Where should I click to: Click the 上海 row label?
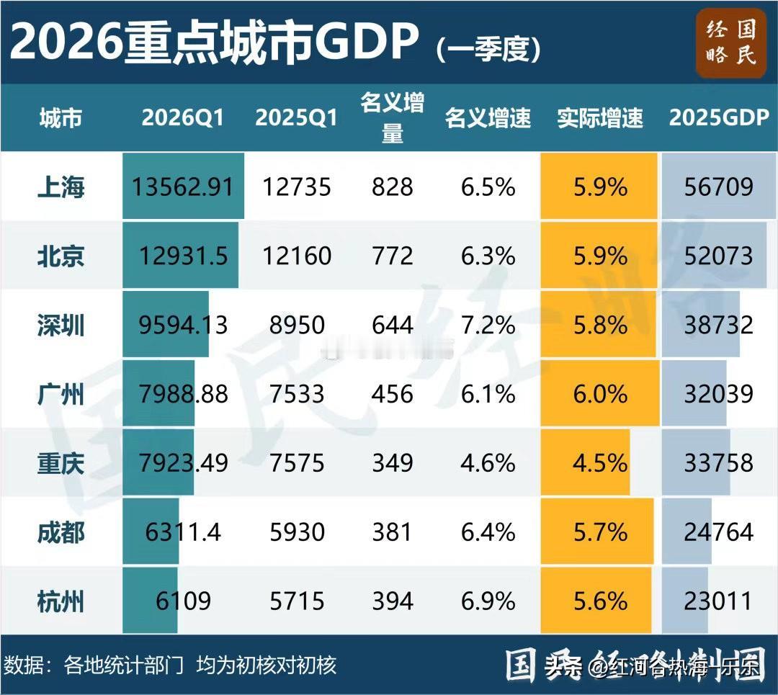61,187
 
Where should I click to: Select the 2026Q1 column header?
183,118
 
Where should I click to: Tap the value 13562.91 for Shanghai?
183,187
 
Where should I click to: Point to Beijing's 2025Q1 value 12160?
296,256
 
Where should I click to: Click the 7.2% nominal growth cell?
488,325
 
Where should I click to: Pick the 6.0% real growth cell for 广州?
599,394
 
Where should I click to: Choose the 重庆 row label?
61,463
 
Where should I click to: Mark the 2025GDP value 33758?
718,463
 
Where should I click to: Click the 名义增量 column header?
393,118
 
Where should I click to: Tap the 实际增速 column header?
599,118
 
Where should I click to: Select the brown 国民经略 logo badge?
731,42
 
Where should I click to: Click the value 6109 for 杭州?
183,601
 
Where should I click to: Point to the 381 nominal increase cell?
393,532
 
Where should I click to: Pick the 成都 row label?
61,532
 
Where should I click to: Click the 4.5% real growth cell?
599,463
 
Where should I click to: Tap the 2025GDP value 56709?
718,187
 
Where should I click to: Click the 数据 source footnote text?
170,665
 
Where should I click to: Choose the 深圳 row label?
61,325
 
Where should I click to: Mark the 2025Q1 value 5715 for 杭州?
296,601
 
